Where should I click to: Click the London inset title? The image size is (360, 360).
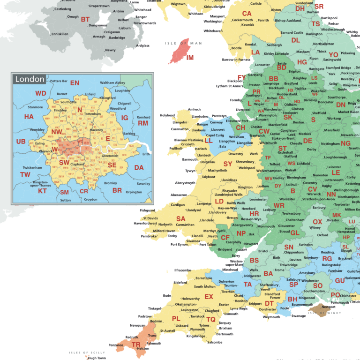(30, 79)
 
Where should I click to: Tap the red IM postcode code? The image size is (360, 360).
(190, 58)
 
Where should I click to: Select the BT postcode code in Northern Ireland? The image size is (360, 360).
(85, 19)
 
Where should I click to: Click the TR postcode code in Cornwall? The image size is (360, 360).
(136, 344)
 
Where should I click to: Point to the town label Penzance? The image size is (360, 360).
(116, 345)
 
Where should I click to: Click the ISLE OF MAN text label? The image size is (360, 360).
(183, 43)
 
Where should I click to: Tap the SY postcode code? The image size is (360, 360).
(228, 164)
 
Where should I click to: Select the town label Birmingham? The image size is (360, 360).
(296, 178)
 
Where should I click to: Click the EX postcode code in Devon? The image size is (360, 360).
(209, 297)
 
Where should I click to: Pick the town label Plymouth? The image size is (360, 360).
(197, 330)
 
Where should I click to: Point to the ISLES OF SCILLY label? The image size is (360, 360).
(85, 352)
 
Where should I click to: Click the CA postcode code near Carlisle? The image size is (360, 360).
(247, 14)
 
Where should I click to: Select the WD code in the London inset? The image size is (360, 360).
(41, 93)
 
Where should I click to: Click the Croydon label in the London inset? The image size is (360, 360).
(90, 199)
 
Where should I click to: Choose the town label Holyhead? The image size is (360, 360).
(167, 115)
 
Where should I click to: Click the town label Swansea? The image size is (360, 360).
(193, 241)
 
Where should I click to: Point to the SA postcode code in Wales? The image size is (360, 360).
(180, 218)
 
